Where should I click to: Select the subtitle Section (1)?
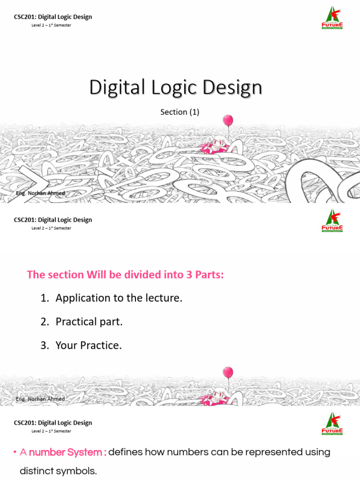pos(180,112)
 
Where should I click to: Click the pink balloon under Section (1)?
pos(228,120)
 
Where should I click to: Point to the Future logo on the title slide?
pos(332,18)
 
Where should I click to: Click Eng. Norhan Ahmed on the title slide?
pos(40,194)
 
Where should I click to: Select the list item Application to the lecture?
pos(119,298)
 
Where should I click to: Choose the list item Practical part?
pos(89,322)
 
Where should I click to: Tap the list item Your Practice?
pos(89,345)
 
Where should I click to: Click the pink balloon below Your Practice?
pos(228,373)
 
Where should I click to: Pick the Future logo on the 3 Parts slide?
pos(332,221)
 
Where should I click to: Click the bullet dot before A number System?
pos(15,453)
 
